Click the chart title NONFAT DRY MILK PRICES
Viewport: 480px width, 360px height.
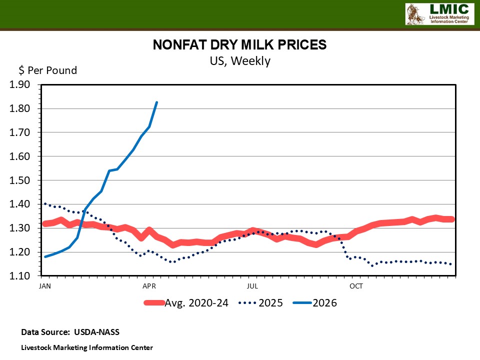(x=239, y=45)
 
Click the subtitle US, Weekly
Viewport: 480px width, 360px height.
(x=239, y=61)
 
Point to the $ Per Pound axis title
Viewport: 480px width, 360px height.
(x=48, y=70)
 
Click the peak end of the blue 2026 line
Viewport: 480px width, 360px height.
(x=157, y=102)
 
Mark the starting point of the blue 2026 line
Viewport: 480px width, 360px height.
(x=45, y=256)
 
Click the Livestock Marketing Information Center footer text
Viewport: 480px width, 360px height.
(x=87, y=347)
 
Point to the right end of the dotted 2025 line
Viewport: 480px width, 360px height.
(x=452, y=264)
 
